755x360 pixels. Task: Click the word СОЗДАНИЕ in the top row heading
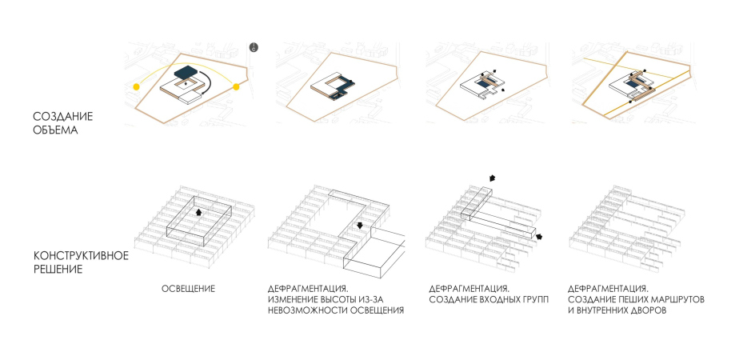click(x=63, y=117)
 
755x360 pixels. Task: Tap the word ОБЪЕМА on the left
click(x=55, y=130)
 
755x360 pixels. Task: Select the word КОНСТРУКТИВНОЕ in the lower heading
click(x=81, y=255)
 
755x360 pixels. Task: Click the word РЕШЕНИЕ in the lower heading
click(x=58, y=269)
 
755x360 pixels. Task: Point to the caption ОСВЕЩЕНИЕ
click(x=188, y=289)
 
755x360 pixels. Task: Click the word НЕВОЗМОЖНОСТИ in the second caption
click(x=307, y=310)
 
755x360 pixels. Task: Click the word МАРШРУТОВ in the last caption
click(x=678, y=300)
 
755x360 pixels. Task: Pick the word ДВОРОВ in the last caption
click(x=649, y=310)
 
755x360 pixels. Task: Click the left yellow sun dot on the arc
click(x=137, y=86)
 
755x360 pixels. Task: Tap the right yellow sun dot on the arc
click(x=236, y=86)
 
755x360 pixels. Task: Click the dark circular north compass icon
click(x=254, y=47)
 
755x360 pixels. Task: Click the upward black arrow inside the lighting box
click(x=198, y=212)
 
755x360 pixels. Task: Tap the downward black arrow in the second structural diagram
click(x=359, y=226)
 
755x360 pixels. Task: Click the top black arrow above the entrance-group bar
click(x=491, y=178)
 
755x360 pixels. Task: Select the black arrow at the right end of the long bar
click(x=539, y=236)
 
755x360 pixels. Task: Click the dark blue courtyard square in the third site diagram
click(x=481, y=85)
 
